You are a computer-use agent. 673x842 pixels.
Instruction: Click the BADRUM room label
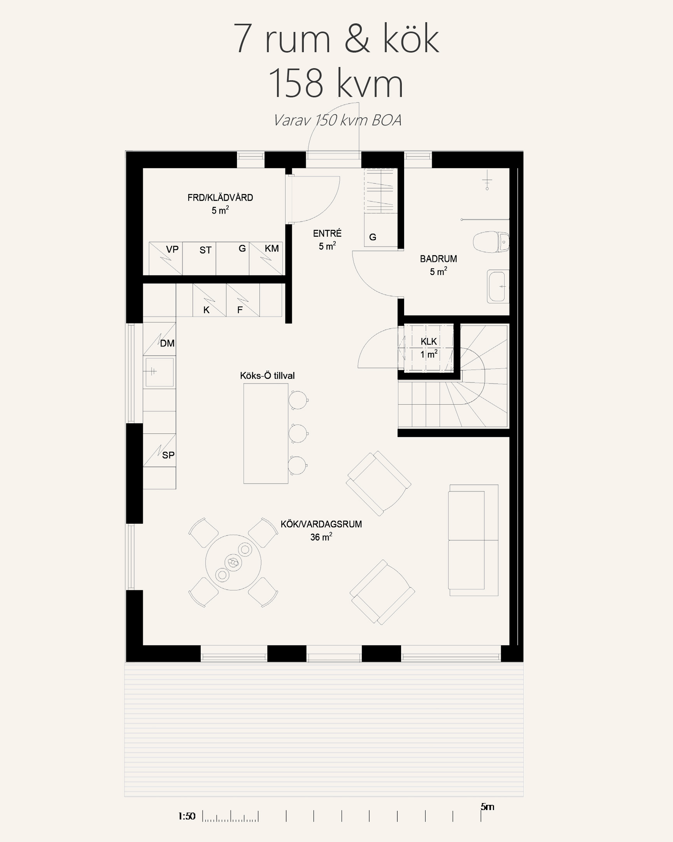[438, 259]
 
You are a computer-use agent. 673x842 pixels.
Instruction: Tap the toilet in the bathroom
[491, 242]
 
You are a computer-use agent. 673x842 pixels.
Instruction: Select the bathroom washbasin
[498, 286]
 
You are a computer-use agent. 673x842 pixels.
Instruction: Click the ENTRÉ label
[327, 233]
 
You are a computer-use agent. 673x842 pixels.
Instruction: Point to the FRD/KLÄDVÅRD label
[220, 197]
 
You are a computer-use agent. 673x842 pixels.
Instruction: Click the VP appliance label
[172, 249]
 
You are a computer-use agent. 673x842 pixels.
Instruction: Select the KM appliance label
[272, 248]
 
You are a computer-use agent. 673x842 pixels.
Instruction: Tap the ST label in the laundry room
[205, 250]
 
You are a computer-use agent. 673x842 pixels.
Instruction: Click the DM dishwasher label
[167, 343]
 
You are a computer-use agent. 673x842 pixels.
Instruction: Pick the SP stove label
[168, 455]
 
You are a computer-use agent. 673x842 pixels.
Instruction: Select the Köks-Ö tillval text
[267, 376]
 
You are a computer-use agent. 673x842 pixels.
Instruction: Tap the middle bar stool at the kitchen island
[298, 433]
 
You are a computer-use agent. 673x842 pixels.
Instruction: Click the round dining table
[233, 562]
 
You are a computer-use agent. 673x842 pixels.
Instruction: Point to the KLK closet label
[429, 341]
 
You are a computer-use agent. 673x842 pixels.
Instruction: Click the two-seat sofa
[473, 540]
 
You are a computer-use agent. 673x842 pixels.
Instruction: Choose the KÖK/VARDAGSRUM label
[321, 524]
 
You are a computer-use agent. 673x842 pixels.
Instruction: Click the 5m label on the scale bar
[487, 807]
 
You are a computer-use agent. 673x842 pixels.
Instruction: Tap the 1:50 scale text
[187, 816]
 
